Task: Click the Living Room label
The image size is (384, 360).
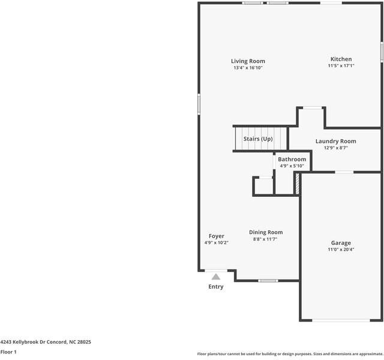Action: click(x=248, y=61)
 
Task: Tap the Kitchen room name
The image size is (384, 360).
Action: click(x=341, y=59)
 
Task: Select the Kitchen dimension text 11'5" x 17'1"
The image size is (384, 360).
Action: click(x=341, y=65)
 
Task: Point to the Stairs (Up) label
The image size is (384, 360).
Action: click(x=258, y=139)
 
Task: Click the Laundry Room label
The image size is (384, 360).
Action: click(x=336, y=142)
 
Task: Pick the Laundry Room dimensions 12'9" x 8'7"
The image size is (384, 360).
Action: click(x=336, y=148)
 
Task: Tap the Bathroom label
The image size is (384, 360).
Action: click(x=292, y=159)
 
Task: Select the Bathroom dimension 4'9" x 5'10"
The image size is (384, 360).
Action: click(x=292, y=166)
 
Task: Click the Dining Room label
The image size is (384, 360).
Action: click(x=266, y=232)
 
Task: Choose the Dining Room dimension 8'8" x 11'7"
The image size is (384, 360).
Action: click(x=265, y=239)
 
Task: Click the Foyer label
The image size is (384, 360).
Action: click(x=216, y=236)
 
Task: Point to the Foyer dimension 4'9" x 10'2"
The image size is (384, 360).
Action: click(x=216, y=242)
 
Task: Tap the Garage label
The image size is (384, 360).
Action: click(x=341, y=243)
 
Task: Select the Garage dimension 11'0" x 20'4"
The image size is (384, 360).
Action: click(x=341, y=250)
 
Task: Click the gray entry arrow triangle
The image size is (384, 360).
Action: click(x=216, y=277)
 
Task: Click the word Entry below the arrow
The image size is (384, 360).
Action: click(x=216, y=287)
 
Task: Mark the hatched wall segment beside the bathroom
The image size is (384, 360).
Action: click(x=298, y=184)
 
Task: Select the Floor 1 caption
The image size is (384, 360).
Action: click(x=8, y=352)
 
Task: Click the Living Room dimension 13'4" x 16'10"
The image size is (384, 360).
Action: click(x=248, y=68)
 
